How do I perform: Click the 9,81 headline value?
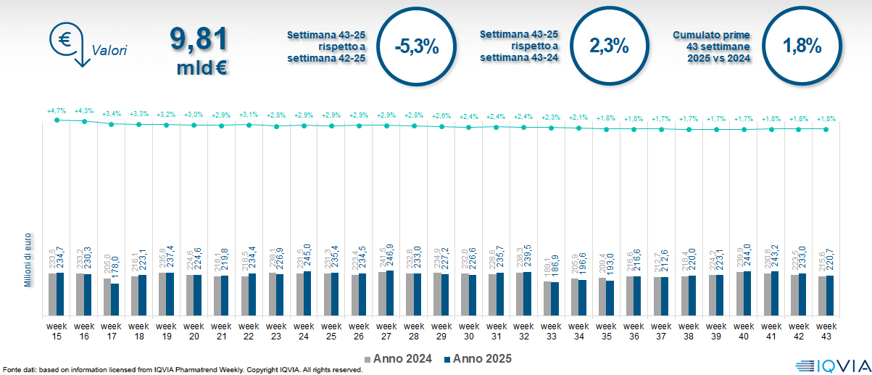(x=199, y=40)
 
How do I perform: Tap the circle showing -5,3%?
(x=417, y=46)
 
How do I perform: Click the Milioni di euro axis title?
(x=28, y=259)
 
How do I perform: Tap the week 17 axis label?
(x=112, y=331)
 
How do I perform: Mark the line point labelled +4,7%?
(x=57, y=120)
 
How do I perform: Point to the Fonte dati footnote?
(x=181, y=370)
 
